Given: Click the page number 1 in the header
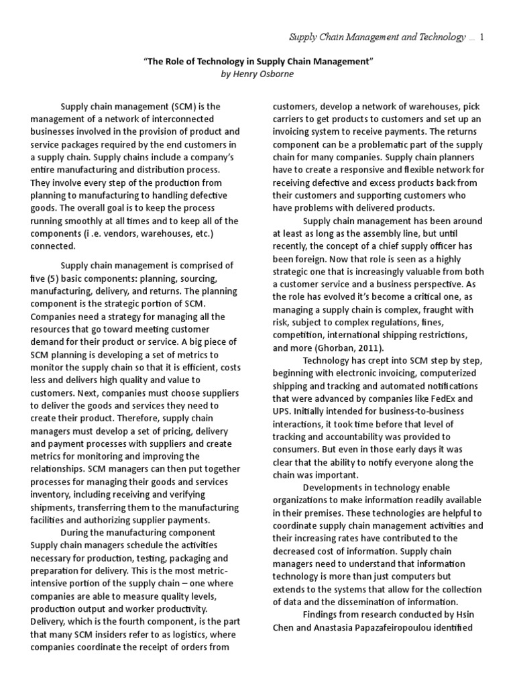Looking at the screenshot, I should tap(481, 38).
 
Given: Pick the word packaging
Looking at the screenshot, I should tap(178, 558).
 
